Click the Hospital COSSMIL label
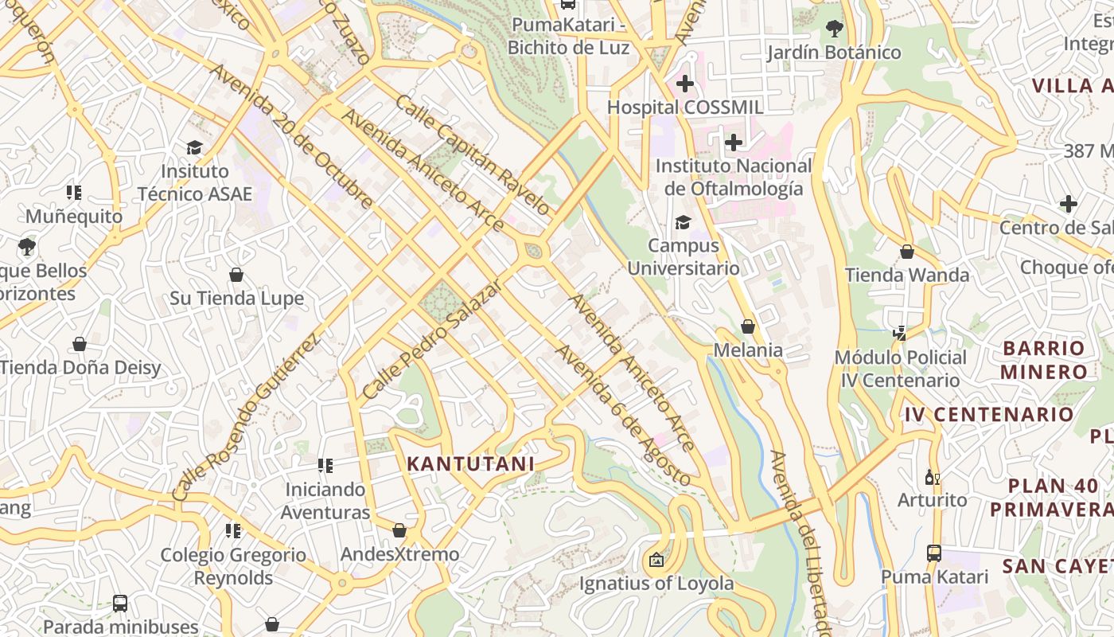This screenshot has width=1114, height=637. pyautogui.click(x=685, y=107)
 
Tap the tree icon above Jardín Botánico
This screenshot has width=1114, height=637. pyautogui.click(x=834, y=29)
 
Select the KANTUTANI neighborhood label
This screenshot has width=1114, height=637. pyautogui.click(x=470, y=463)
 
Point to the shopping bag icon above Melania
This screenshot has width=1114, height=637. pyautogui.click(x=748, y=326)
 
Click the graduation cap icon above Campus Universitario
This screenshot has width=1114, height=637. pyautogui.click(x=683, y=222)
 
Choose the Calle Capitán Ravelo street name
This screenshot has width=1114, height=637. pyautogui.click(x=473, y=155)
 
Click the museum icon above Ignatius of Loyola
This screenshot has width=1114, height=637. pyautogui.click(x=656, y=561)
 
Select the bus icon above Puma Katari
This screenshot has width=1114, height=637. pyautogui.click(x=934, y=553)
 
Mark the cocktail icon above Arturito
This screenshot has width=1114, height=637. pyautogui.click(x=932, y=477)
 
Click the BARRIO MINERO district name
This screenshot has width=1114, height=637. pyautogui.click(x=1044, y=360)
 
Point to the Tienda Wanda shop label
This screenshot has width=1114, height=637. pyautogui.click(x=907, y=276)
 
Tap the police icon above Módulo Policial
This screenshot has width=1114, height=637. pyautogui.click(x=900, y=334)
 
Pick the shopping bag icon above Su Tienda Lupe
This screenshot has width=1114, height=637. pyautogui.click(x=236, y=275)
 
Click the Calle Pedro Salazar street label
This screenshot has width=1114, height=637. pyautogui.click(x=432, y=339)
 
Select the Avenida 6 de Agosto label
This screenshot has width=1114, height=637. pyautogui.click(x=623, y=415)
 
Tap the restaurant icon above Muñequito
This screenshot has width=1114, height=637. pyautogui.click(x=74, y=193)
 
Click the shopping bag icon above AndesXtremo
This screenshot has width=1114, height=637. pyautogui.click(x=399, y=530)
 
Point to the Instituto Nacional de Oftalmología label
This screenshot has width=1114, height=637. pyautogui.click(x=733, y=178)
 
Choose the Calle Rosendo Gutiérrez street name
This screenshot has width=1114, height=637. pyautogui.click(x=246, y=417)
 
